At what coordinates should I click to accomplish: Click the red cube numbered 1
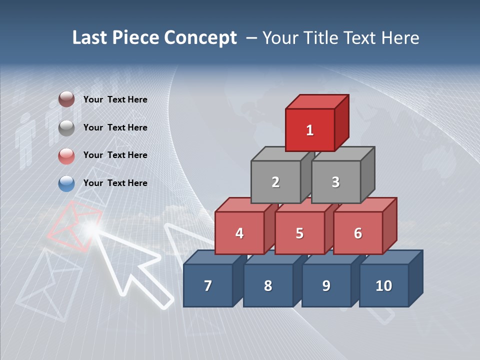310,130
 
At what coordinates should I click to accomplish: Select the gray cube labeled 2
275,182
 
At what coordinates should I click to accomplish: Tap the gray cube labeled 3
335,182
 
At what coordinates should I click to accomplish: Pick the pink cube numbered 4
239,233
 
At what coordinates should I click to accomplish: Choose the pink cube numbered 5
299,233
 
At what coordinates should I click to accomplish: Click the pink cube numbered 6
357,233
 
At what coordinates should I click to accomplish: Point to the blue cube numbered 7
208,285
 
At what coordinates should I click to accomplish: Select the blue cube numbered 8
268,285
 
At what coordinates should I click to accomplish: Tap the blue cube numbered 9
326,285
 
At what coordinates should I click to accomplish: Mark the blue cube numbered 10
383,285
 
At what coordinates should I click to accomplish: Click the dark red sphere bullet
66,99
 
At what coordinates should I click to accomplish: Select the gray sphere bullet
66,128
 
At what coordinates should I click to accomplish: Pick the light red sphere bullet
66,156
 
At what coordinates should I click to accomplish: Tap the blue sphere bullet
66,184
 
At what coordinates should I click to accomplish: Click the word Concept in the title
200,38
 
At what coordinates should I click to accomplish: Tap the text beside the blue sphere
115,183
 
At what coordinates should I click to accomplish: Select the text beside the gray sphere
115,127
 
